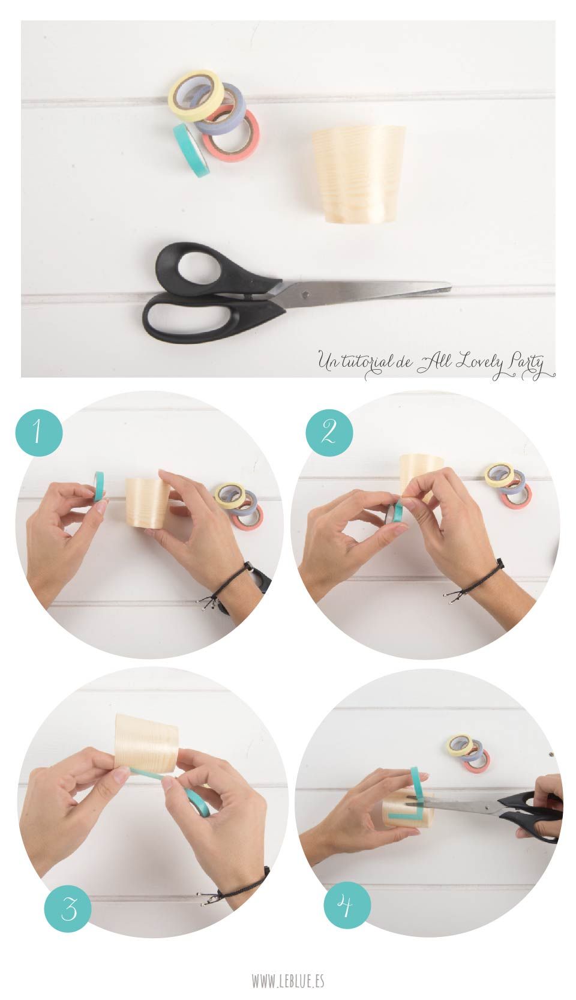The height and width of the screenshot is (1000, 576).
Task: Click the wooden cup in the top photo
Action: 358,173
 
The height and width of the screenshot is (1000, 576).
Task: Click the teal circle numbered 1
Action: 39,432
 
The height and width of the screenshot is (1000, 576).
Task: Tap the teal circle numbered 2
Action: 329,432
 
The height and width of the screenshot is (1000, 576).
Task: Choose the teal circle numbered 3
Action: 68,909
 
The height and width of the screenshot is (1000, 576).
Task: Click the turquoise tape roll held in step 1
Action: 100,485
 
